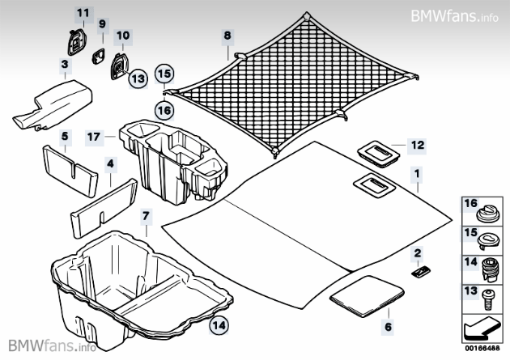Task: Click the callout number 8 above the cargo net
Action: click(227, 36)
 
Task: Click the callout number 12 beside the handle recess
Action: click(418, 146)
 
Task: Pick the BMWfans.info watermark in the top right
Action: click(457, 15)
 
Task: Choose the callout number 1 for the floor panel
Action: click(418, 173)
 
